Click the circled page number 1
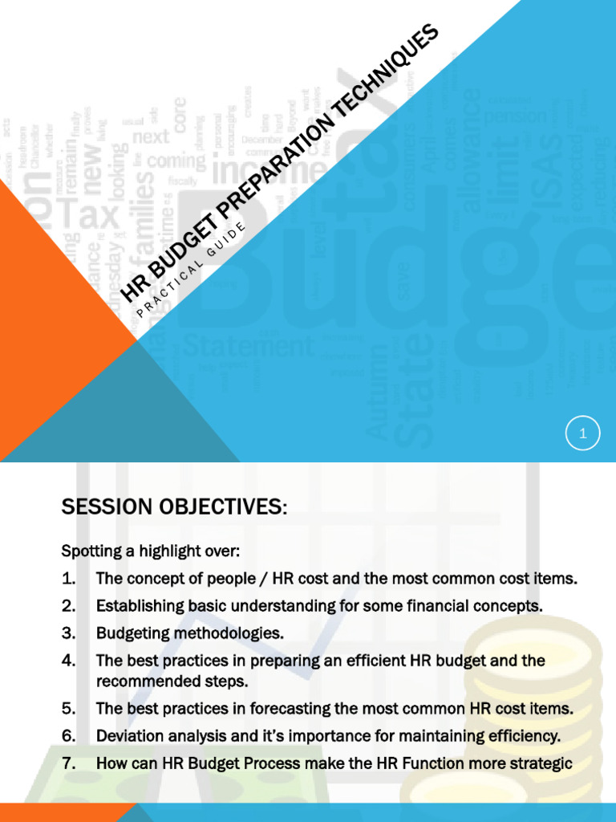[583, 435]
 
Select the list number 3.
[68, 633]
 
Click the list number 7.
[68, 763]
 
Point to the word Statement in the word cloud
[248, 346]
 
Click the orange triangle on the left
[48, 321]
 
